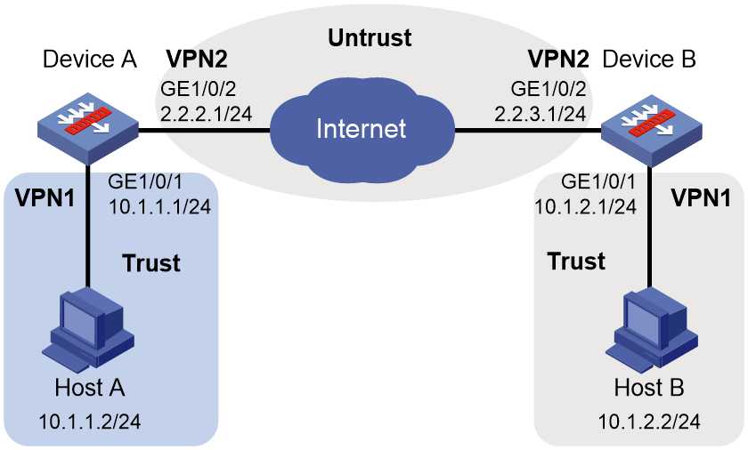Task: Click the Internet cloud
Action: tap(362, 130)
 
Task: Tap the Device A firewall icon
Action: tap(88, 129)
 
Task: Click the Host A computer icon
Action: tap(88, 330)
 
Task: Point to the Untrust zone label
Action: tap(370, 37)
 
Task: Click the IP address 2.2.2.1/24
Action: tap(206, 114)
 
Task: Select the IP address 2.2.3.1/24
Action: tap(540, 114)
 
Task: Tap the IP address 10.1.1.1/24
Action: tap(159, 206)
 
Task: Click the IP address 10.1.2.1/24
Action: tap(585, 206)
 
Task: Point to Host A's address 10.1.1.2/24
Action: tap(90, 422)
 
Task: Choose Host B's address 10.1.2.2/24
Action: tap(649, 422)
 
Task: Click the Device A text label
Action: tap(90, 60)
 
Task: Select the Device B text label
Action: tap(649, 60)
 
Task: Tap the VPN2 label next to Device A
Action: tap(197, 59)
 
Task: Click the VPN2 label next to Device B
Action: tap(558, 59)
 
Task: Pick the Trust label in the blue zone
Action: tap(151, 263)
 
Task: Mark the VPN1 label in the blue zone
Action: tap(45, 197)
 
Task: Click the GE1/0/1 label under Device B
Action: tap(598, 181)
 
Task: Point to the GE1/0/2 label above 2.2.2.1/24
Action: tap(199, 89)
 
